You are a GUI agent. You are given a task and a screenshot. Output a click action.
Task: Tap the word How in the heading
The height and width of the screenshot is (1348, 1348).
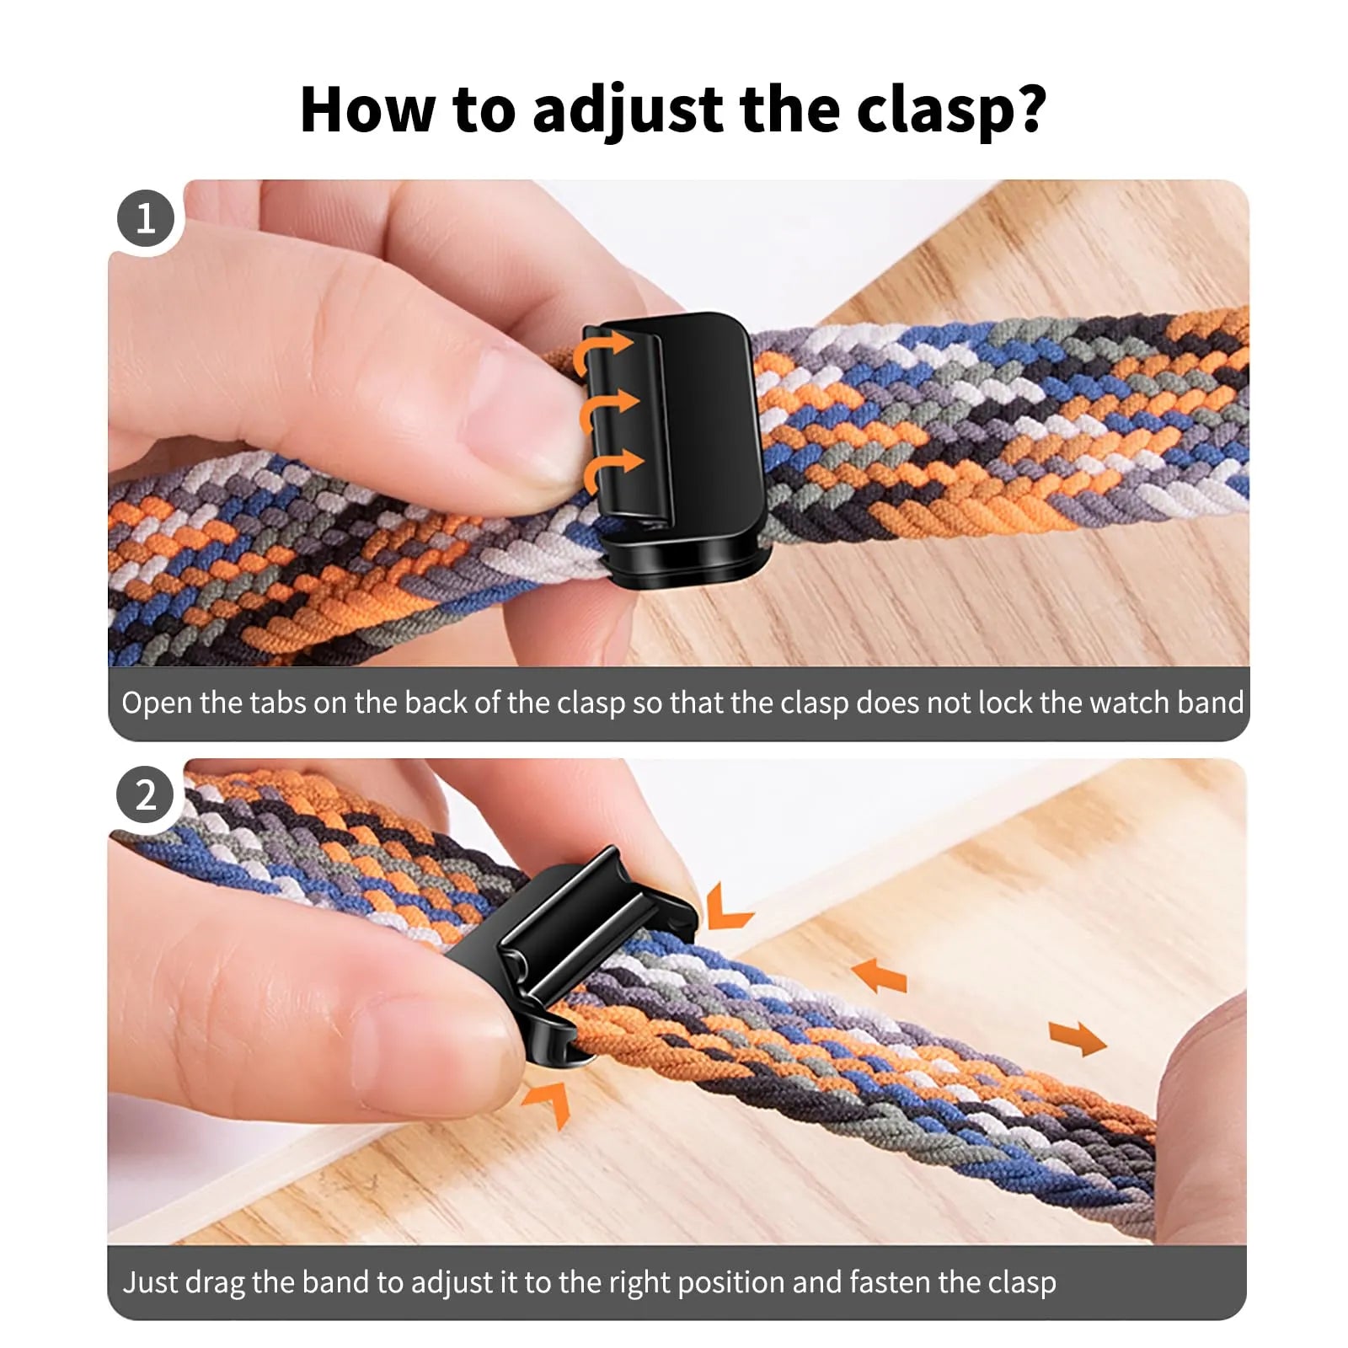tap(366, 110)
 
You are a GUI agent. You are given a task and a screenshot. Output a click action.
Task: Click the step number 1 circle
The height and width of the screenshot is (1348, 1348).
tap(146, 219)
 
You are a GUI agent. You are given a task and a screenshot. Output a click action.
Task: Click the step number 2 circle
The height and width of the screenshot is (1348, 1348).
tap(146, 795)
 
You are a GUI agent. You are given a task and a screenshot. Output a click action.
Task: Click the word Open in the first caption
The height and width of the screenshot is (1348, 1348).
tap(157, 703)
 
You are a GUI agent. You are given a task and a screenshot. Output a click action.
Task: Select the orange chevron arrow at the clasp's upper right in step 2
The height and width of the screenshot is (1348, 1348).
tap(726, 908)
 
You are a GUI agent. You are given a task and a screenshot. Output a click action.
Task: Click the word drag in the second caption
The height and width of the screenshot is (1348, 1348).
tap(215, 1282)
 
